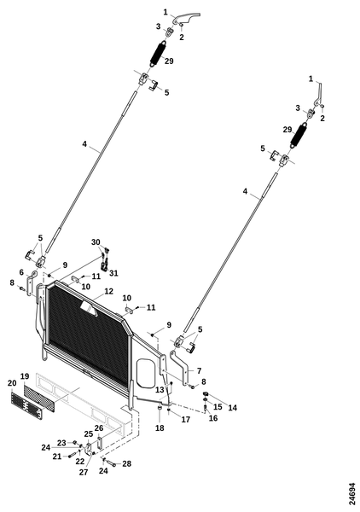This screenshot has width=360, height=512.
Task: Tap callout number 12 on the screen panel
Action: [x=108, y=291]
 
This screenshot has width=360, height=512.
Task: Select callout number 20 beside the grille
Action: [x=12, y=383]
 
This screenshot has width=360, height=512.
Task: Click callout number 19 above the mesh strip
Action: [x=25, y=376]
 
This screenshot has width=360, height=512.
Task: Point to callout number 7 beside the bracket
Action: [x=199, y=370]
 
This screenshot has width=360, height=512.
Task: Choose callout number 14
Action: [x=232, y=408]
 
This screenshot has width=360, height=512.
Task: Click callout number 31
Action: [x=113, y=273]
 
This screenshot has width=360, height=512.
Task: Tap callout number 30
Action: [x=96, y=242]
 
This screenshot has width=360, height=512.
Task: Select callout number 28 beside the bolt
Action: [x=126, y=463]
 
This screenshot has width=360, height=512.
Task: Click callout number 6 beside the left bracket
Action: [x=21, y=272]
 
